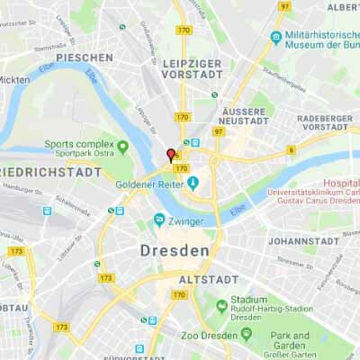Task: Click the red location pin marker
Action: point(170,155)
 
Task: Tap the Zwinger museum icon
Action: point(159,219)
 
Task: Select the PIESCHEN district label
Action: point(84,58)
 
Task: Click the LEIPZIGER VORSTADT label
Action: point(193,69)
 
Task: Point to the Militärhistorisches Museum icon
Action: point(276,37)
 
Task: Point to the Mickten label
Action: point(13,79)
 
